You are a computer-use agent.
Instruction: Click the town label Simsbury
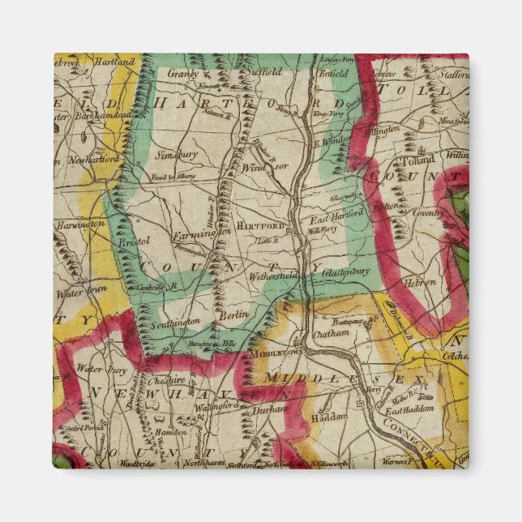[x=178, y=152]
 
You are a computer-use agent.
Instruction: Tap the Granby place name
[x=183, y=73]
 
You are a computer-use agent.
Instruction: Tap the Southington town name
[x=177, y=322]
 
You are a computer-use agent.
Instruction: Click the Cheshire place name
[x=167, y=380]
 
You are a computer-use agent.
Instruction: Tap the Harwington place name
[x=80, y=223]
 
